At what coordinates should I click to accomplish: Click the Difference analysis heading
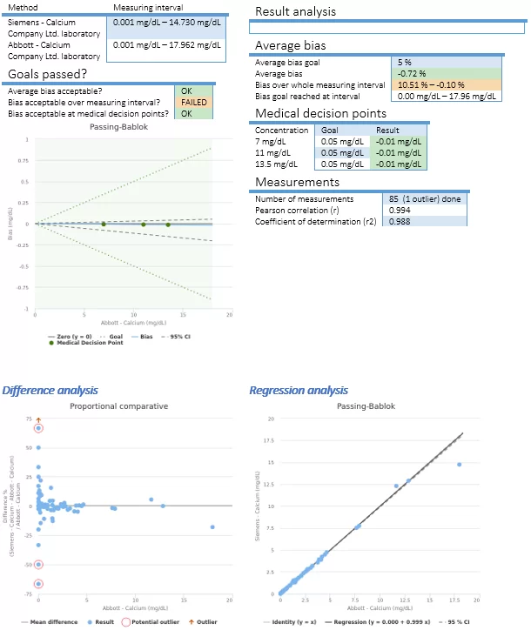click(x=50, y=390)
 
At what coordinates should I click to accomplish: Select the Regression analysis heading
click(x=299, y=390)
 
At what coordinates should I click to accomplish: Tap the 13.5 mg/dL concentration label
click(x=273, y=163)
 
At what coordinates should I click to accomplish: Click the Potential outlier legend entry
click(x=153, y=622)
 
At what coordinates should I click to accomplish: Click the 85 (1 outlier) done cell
click(x=423, y=198)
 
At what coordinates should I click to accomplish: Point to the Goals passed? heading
click(x=48, y=74)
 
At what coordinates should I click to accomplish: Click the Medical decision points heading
click(x=320, y=113)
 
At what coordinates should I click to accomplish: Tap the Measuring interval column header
click(x=148, y=6)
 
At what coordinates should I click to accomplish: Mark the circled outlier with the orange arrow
click(x=38, y=428)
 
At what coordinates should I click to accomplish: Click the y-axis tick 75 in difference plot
click(x=28, y=419)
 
